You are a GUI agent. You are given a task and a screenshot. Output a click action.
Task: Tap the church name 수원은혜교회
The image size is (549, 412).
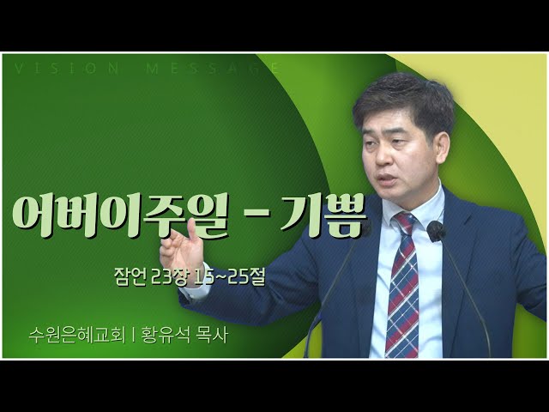(x=77, y=336)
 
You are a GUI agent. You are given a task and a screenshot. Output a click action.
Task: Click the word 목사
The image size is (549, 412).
(x=213, y=336)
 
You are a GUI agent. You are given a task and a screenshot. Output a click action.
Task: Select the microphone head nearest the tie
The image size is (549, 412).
(x=436, y=231)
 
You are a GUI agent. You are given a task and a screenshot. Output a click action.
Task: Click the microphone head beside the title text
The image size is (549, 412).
(x=364, y=229)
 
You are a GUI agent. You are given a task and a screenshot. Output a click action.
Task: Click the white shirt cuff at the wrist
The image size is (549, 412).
(x=192, y=292)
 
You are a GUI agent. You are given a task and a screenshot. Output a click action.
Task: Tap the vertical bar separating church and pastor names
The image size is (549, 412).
(x=133, y=336)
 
